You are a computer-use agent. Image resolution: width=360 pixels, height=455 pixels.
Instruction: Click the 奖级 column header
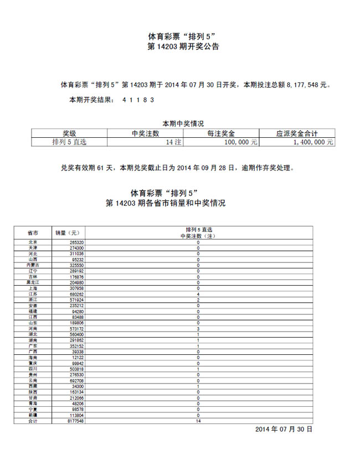(69, 133)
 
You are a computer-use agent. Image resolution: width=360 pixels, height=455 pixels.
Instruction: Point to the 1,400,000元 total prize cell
(314, 142)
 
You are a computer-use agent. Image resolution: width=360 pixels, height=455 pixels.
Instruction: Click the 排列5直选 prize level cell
(69, 142)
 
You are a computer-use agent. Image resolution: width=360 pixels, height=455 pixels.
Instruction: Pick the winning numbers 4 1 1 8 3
(138, 100)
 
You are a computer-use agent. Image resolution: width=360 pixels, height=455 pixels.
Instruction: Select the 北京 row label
(33, 242)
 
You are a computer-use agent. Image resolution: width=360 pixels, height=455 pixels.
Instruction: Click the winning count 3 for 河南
(198, 329)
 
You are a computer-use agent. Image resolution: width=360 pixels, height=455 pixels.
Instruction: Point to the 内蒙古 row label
(33, 266)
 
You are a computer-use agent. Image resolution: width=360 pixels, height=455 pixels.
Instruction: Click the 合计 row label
(33, 421)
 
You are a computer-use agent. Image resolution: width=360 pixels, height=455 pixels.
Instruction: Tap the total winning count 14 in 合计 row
(198, 421)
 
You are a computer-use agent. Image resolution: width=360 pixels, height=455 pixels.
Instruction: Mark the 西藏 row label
(33, 386)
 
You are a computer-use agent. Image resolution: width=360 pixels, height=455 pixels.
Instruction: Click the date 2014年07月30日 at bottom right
(284, 429)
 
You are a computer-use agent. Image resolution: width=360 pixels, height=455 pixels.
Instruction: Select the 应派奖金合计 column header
(297, 133)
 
